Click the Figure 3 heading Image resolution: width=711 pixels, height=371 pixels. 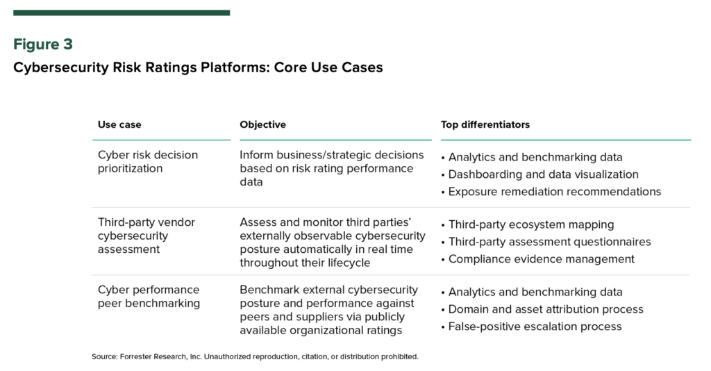pyautogui.click(x=43, y=44)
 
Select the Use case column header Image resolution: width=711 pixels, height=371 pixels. pyautogui.click(x=119, y=125)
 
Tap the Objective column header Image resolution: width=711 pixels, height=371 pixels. pyautogui.click(x=263, y=125)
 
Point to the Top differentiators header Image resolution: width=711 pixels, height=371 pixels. pyautogui.click(x=485, y=125)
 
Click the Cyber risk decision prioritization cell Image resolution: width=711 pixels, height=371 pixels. pyautogui.click(x=148, y=161)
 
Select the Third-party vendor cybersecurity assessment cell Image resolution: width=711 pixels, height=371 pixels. pyautogui.click(x=147, y=236)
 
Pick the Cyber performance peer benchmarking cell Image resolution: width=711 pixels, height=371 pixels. pyautogui.click(x=149, y=297)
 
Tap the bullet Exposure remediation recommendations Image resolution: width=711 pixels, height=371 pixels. pyautogui.click(x=551, y=192)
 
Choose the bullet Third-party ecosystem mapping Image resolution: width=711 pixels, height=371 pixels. pyautogui.click(x=528, y=225)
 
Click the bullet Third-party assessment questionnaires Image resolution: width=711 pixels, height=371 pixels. pyautogui.click(x=546, y=242)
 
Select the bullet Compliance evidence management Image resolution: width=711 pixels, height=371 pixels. pyautogui.click(x=538, y=259)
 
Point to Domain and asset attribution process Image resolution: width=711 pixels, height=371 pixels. pyautogui.click(x=542, y=309)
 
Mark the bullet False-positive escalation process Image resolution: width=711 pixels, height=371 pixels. pyautogui.click(x=531, y=327)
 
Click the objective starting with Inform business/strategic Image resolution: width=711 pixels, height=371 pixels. pyautogui.click(x=332, y=168)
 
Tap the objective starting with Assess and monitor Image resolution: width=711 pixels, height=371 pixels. pyautogui.click(x=333, y=242)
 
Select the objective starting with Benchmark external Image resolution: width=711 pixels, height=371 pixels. pyautogui.click(x=328, y=311)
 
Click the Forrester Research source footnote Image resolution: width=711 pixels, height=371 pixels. pyautogui.click(x=255, y=357)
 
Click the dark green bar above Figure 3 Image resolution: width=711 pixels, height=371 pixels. pyautogui.click(x=122, y=13)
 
